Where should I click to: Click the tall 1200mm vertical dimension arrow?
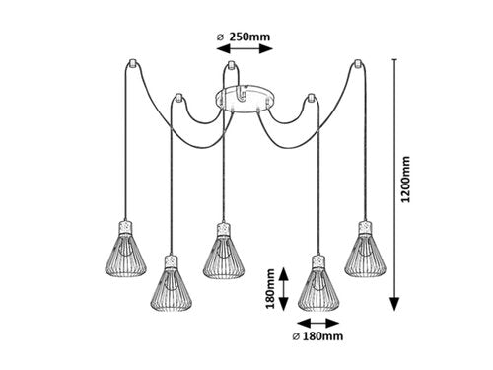pyautogui.click(x=394, y=180)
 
